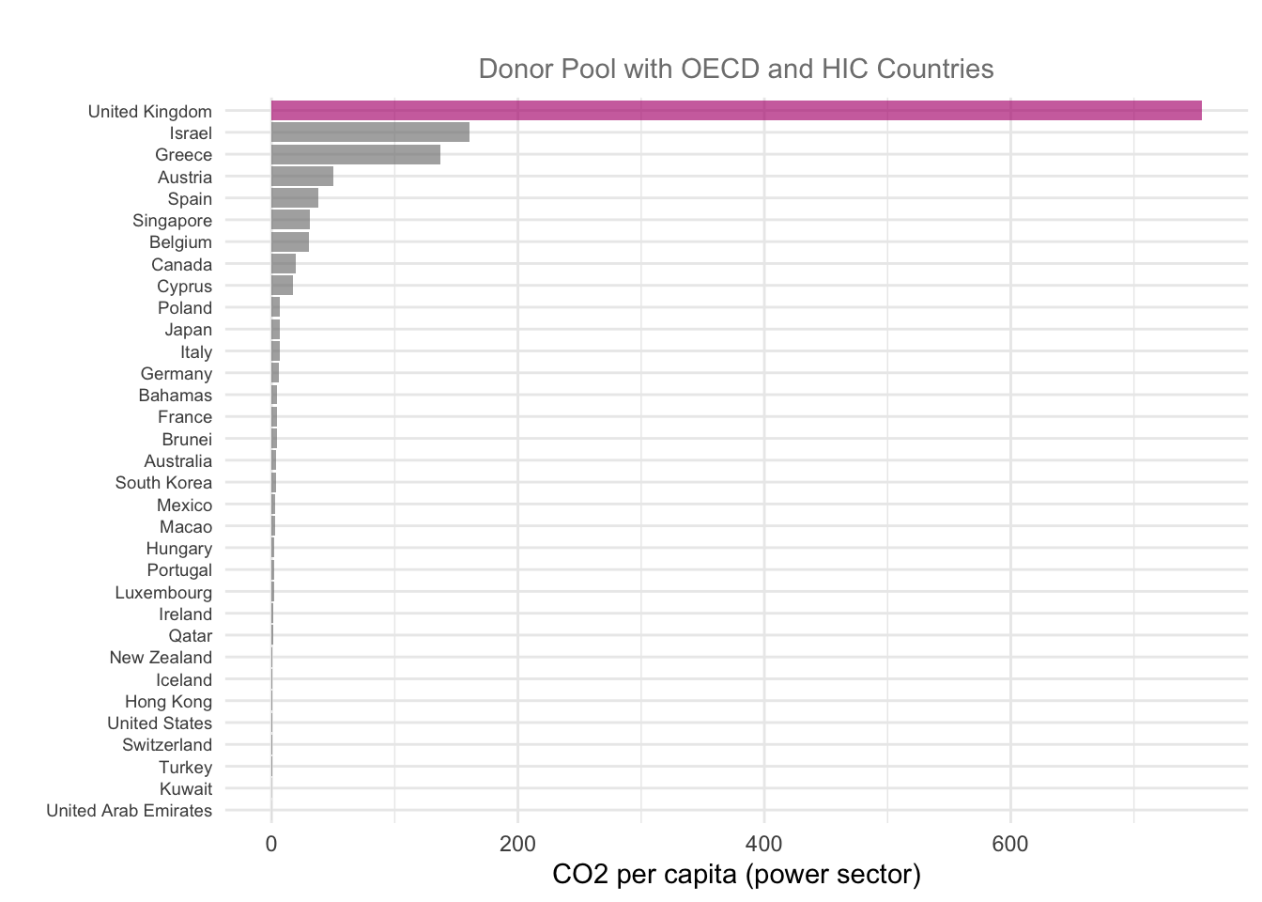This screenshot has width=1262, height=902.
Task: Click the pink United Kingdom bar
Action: click(736, 111)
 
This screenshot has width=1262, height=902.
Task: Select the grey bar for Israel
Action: click(370, 132)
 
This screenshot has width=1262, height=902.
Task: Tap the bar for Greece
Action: click(356, 155)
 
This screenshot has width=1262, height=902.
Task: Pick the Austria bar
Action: click(302, 177)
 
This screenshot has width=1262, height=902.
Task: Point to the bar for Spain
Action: click(295, 198)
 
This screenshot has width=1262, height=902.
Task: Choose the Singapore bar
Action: click(290, 221)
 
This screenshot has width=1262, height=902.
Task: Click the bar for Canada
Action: click(284, 264)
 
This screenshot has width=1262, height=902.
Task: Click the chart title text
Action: click(735, 69)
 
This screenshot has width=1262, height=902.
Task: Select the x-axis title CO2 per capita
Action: click(736, 875)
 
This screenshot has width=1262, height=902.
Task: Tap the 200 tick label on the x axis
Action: click(517, 844)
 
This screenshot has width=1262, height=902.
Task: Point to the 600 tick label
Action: click(1010, 844)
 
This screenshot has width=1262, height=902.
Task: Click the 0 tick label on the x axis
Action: click(271, 844)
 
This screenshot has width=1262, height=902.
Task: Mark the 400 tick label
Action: click(764, 844)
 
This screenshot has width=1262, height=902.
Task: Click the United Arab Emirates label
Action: click(130, 811)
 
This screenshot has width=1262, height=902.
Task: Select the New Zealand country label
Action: click(161, 658)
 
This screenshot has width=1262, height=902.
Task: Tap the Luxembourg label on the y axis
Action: click(163, 593)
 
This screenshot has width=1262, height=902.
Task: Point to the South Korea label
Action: click(163, 483)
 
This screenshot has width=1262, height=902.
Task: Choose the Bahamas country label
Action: click(176, 396)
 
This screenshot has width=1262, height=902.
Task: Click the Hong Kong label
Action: click(168, 702)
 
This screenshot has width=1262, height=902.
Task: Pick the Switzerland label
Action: click(167, 745)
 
